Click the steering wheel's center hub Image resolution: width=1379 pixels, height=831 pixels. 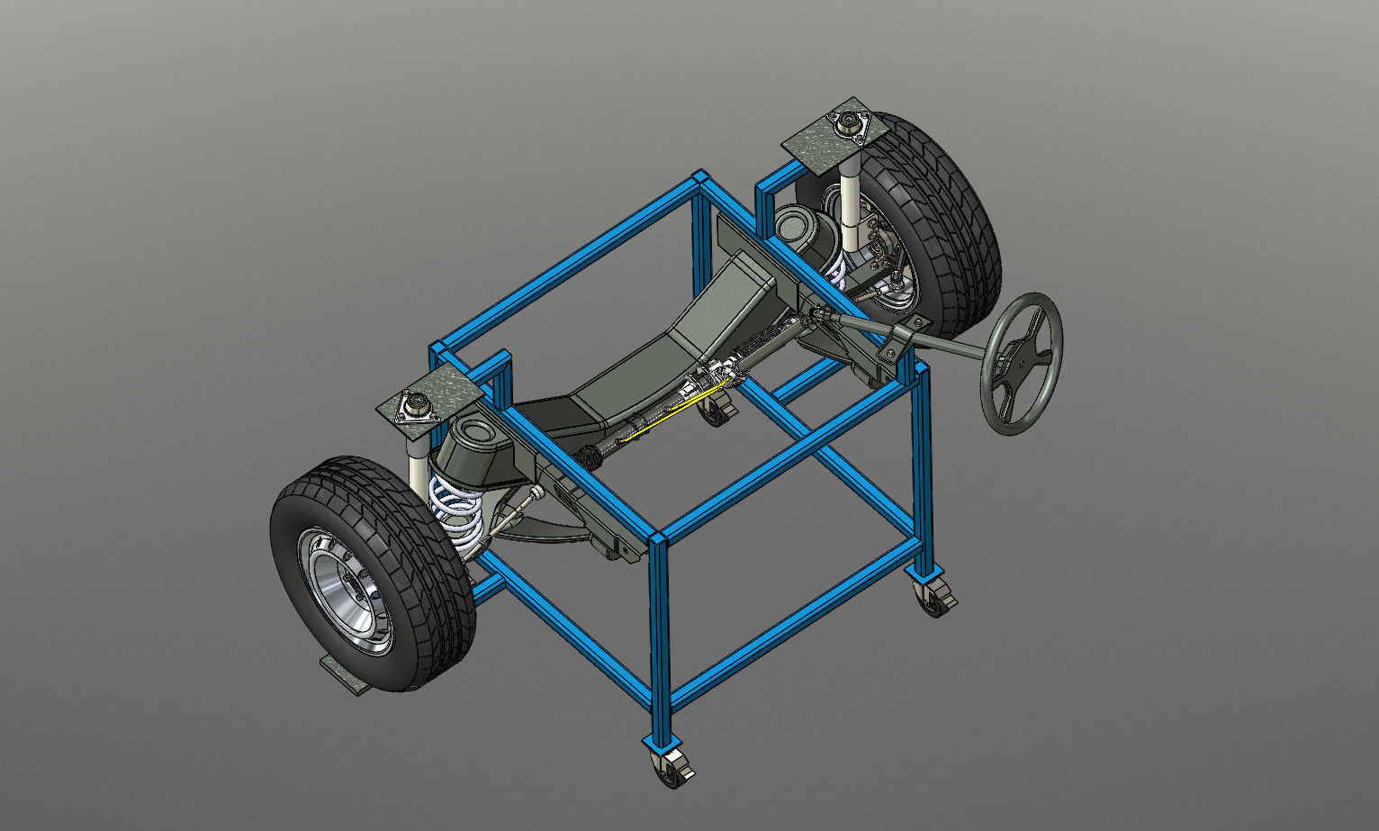pyautogui.click(x=1023, y=361)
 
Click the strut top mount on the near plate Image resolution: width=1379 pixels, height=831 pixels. pyautogui.click(x=419, y=406)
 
